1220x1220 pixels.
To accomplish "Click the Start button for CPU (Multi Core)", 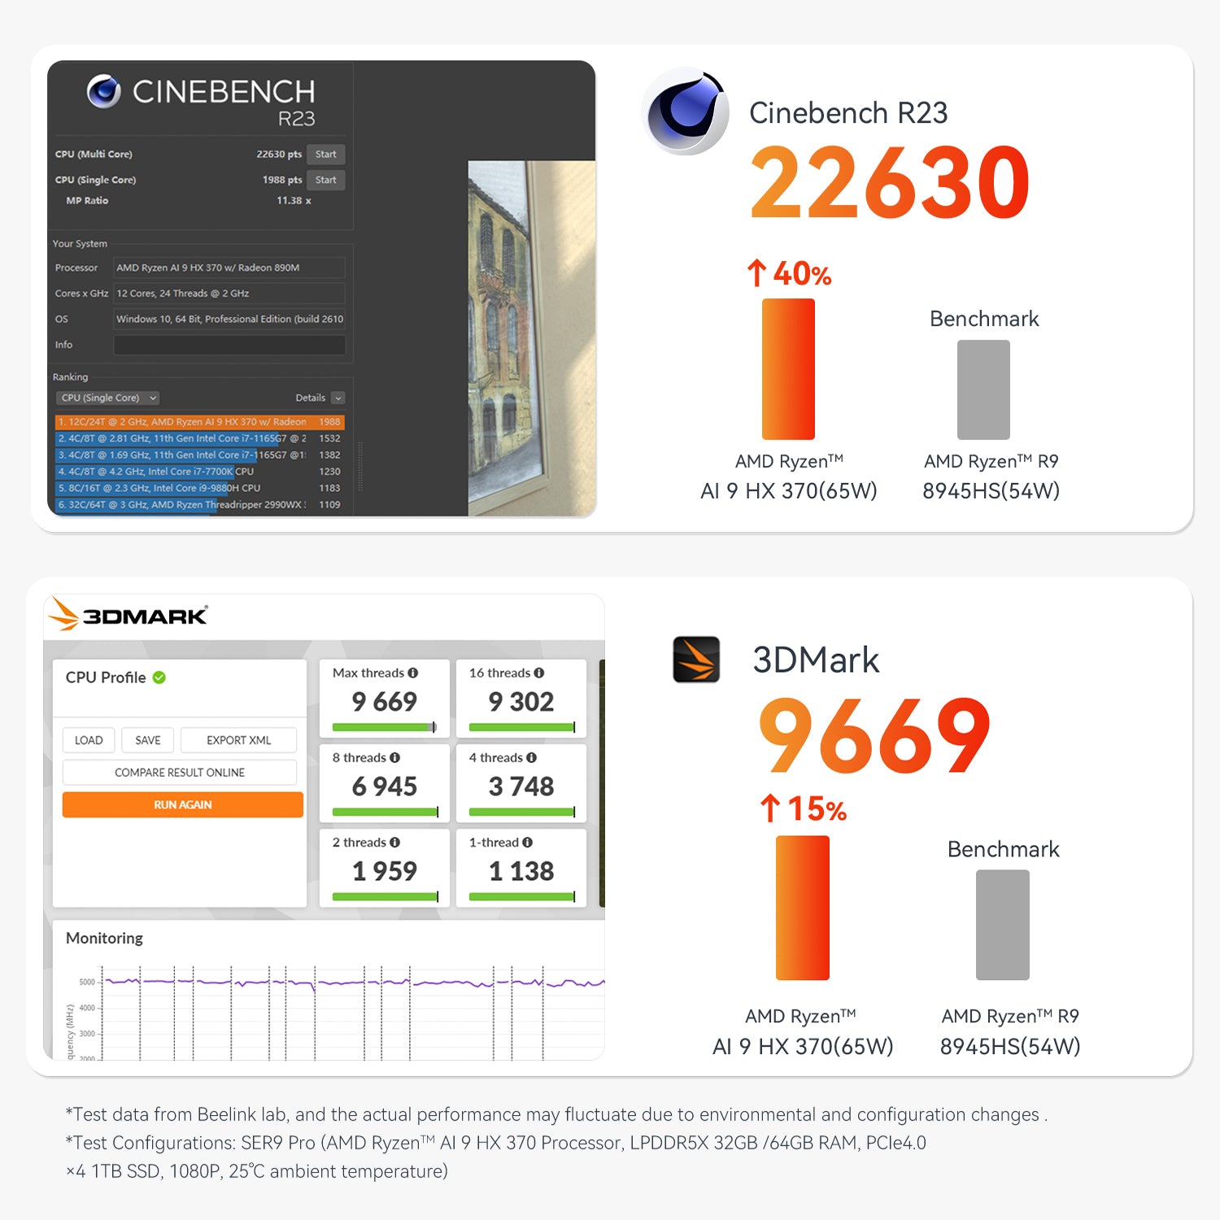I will coord(325,155).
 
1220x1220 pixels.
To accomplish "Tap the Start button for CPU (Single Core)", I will coord(325,180).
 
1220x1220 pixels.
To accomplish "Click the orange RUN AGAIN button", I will coord(182,804).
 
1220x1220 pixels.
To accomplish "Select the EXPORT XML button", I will coord(238,740).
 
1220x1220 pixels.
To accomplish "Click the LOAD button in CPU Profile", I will coord(89,740).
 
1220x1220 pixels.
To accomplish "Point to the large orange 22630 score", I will coord(890,182).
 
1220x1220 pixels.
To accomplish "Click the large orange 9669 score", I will coord(874,736).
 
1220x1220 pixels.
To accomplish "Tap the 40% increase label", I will coord(790,274).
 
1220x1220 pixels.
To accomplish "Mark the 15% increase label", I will coord(804,809).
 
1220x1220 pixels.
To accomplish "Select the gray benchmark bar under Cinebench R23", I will coord(983,390).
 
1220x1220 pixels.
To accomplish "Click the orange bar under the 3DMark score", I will coord(803,907).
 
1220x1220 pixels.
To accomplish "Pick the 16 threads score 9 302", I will coord(521,702).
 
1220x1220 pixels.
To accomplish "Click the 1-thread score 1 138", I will coord(521,871).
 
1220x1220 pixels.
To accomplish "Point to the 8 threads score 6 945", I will coord(384,786).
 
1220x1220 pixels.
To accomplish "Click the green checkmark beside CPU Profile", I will coord(159,678).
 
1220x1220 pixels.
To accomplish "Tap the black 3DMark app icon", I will coord(696,659).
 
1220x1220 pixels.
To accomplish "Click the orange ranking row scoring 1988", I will coord(199,422).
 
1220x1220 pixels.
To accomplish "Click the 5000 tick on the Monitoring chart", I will coord(87,982).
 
